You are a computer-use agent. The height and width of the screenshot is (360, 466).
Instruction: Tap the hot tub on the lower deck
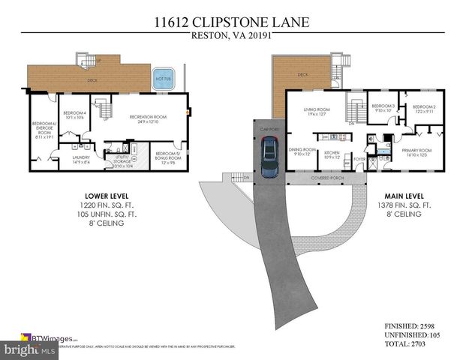[163, 79]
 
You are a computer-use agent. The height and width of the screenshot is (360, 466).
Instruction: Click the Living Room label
[316, 112]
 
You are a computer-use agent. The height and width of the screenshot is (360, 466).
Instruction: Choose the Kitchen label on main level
[332, 153]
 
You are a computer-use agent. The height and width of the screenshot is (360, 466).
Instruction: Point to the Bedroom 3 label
[383, 109]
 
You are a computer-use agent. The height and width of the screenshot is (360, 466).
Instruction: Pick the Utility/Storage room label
[122, 160]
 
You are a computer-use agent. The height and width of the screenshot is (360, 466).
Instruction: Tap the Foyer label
[359, 158]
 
